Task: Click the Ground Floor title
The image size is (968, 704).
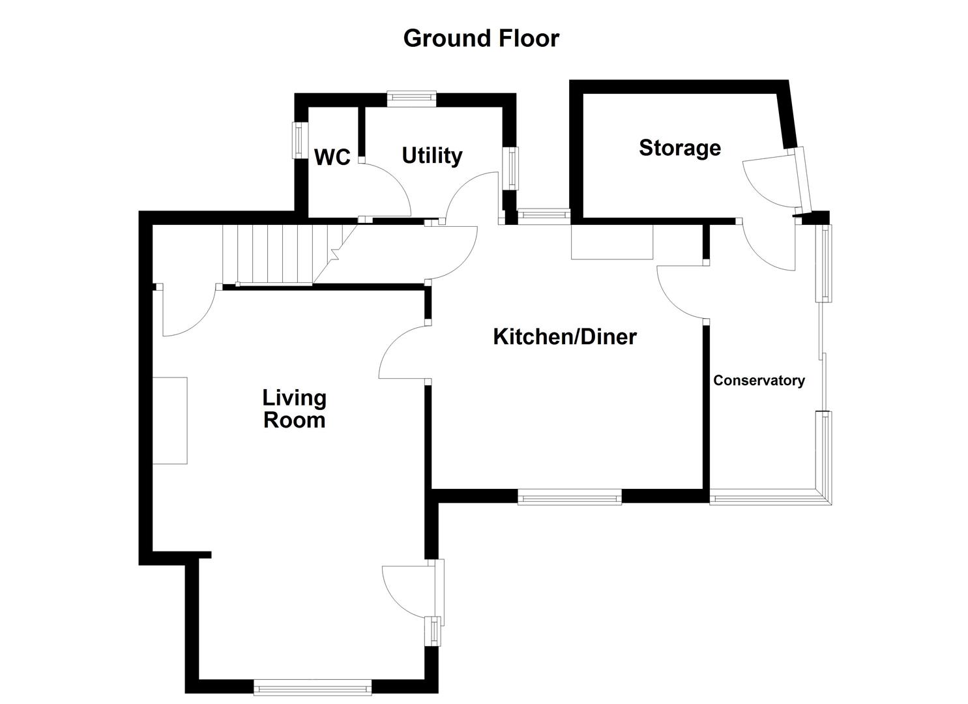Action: (x=481, y=38)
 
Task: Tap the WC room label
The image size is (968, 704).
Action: (x=332, y=157)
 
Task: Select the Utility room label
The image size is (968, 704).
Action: (x=432, y=156)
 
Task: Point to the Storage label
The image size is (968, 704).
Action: (x=679, y=148)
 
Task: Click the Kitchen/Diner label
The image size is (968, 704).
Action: (x=565, y=337)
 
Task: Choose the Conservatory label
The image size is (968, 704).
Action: (x=759, y=381)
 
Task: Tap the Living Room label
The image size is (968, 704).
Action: (x=294, y=409)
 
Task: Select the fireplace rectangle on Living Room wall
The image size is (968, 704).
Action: (x=170, y=420)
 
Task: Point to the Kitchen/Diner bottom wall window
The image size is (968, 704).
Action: (x=570, y=499)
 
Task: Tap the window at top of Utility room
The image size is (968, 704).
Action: (x=411, y=98)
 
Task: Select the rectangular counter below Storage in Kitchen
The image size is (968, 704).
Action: (x=612, y=242)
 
